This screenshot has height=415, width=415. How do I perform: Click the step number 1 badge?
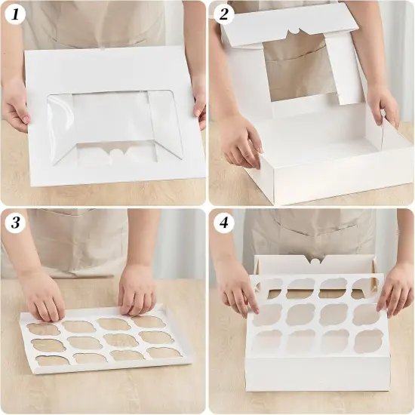(16, 15)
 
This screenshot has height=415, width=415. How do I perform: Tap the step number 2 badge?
(223, 15)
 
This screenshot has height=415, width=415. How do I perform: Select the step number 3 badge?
(16, 223)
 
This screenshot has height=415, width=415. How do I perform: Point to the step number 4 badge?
(223, 223)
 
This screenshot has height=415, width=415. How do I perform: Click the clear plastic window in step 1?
(113, 124)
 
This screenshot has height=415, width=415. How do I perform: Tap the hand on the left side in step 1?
(16, 106)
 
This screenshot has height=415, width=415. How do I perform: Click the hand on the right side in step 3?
(137, 290)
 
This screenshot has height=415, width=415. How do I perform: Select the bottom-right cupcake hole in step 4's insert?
(367, 341)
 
